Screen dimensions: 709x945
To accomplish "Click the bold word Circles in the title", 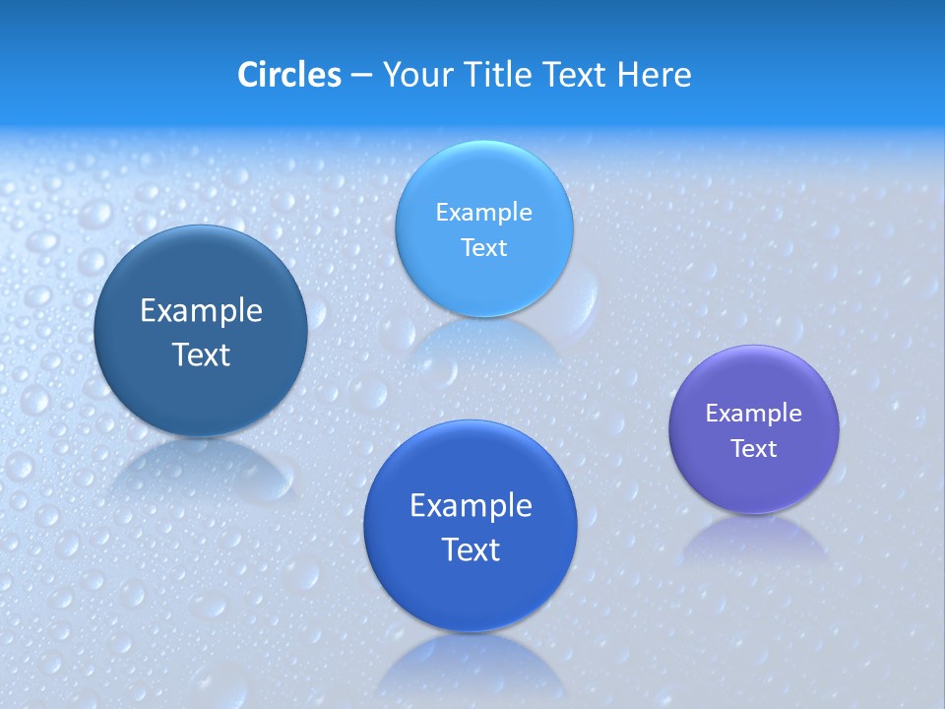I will pos(288,75).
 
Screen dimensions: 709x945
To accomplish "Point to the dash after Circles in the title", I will pos(361,76).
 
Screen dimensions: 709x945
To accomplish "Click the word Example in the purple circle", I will pos(754,414).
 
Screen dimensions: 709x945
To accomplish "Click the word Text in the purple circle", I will pos(754,449).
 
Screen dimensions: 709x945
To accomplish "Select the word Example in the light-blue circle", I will pos(483,212).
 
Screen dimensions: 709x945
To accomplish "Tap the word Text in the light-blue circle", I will pos(483,247).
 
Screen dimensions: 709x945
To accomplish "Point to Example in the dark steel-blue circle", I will pos(201,311).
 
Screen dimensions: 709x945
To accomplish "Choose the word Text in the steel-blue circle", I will pos(201,354).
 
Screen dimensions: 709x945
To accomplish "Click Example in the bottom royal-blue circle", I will pos(471,505).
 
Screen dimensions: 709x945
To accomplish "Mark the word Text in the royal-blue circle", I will pos(471,549).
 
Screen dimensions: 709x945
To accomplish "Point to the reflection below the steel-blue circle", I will pos(201,468).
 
